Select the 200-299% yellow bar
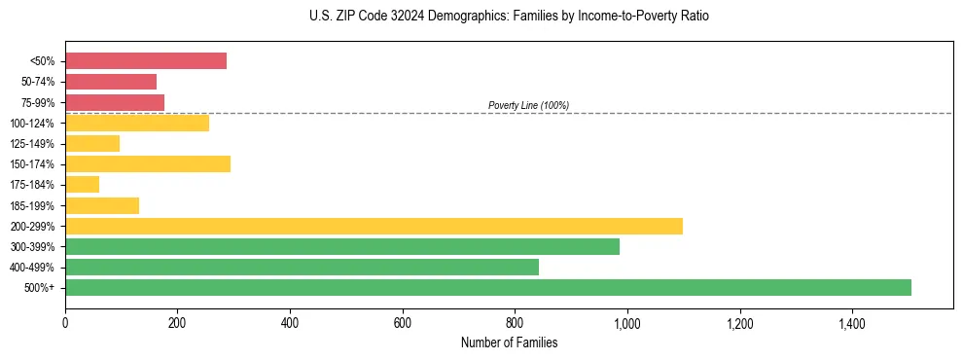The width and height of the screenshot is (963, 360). pos(374,226)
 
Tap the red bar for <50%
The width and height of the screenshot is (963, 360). pos(146,60)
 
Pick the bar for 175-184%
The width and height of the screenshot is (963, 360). pos(82,184)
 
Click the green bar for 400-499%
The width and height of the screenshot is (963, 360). pos(302,267)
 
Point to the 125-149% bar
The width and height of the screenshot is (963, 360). pos(92,143)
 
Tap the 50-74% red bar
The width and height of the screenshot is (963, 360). pos(111,81)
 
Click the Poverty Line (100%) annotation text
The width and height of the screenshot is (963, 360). pos(528,105)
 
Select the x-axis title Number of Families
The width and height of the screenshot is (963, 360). pos(509,342)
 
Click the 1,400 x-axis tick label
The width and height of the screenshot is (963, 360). pos(852,322)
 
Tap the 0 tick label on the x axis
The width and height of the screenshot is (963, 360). pos(65,322)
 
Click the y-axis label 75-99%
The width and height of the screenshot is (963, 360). pos(38,102)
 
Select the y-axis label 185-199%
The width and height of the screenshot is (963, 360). pos(35,205)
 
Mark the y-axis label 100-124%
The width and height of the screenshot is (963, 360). pos(35,123)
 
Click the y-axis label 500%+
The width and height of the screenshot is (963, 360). pos(41,288)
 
